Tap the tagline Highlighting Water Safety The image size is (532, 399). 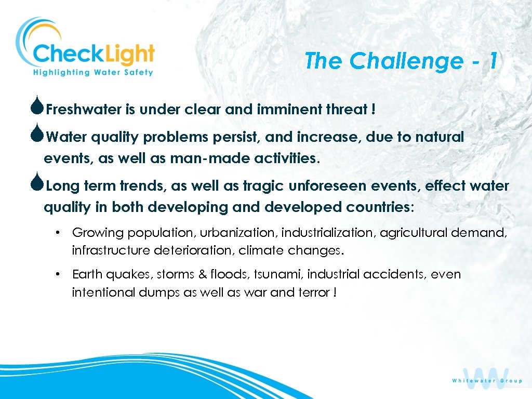(x=93, y=72)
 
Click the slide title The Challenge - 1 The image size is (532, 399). (x=401, y=61)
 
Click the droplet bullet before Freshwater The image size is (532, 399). (x=38, y=108)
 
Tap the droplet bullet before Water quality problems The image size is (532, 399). (x=38, y=136)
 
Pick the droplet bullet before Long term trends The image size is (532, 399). (x=38, y=185)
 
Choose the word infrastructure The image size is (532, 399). (x=111, y=251)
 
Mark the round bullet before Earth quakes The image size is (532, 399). (x=60, y=274)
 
